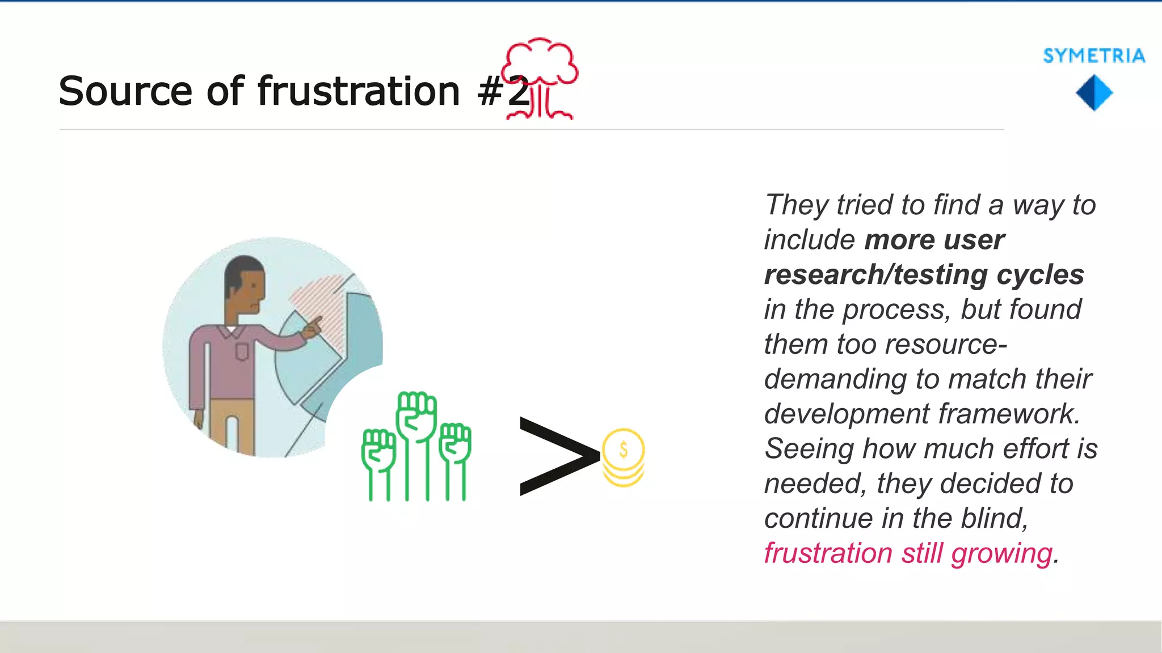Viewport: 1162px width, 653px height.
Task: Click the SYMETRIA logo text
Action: [1093, 56]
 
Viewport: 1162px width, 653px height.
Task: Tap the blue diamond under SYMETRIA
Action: [1094, 93]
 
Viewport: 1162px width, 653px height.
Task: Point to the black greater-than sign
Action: [558, 456]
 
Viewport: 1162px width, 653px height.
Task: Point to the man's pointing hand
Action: [313, 328]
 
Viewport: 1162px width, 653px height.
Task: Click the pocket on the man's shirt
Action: [242, 351]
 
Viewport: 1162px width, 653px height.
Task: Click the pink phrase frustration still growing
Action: [908, 553]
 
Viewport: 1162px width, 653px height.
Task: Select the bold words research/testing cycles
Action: [924, 275]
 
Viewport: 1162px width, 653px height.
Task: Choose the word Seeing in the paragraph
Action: [809, 449]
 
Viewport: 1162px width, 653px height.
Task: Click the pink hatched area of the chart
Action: [318, 300]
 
